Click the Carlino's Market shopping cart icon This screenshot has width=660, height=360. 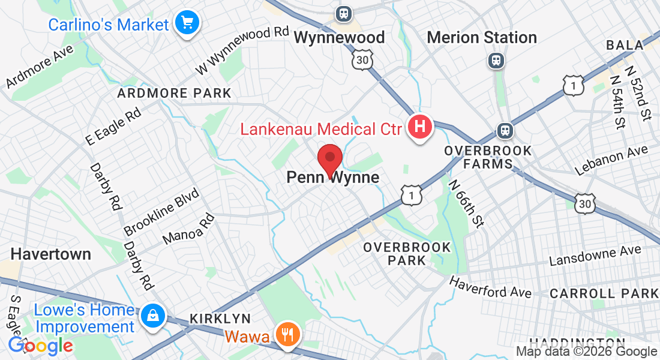click(x=187, y=23)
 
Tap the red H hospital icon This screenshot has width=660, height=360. click(x=420, y=128)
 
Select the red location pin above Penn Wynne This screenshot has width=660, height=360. click(x=329, y=160)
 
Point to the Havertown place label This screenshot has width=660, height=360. click(x=51, y=254)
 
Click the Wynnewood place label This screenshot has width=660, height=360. click(x=339, y=37)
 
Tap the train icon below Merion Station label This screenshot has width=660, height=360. click(x=496, y=60)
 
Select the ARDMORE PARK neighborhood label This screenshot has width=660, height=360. click(x=175, y=93)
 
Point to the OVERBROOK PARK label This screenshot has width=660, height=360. click(x=407, y=254)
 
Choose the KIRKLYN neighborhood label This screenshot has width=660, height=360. click(x=220, y=318)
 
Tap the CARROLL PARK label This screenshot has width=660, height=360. click(x=604, y=293)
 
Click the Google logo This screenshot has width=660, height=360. click(x=40, y=346)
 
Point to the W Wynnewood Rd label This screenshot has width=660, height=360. click(x=243, y=50)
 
